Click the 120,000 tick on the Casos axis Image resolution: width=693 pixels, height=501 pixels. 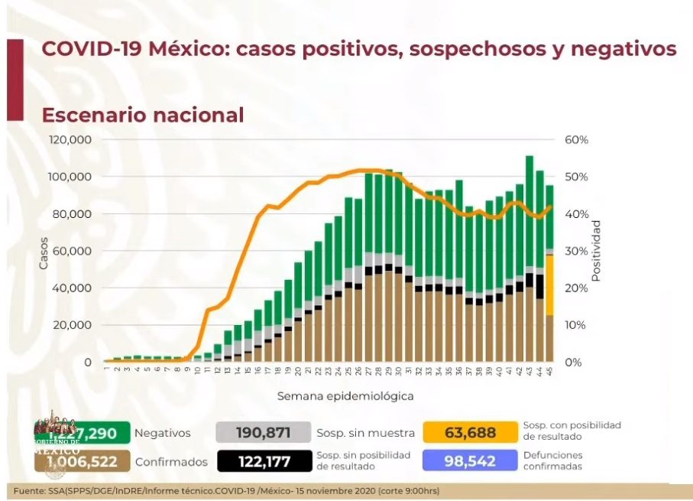coord(70,140)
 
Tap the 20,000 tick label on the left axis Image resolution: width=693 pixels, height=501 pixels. coord(74,325)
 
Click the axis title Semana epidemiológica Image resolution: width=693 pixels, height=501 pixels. coord(345,396)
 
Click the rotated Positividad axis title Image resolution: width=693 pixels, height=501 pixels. coord(596,251)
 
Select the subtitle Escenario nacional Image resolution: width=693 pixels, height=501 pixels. coord(142,115)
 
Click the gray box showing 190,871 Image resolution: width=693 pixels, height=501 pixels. coord(263,433)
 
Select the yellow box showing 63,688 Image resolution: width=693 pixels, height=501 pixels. coord(469,433)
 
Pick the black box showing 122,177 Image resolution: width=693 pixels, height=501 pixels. coord(263,461)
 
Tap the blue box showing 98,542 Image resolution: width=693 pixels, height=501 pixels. coord(469,461)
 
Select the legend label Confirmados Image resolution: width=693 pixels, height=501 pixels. coord(171,462)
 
